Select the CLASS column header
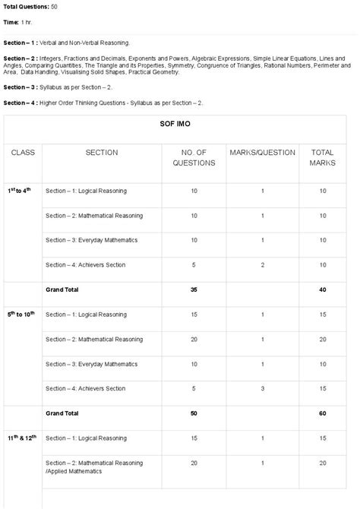pos(23,153)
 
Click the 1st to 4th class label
pos(20,190)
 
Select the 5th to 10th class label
pos(22,313)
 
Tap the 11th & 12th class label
pos(23,438)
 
